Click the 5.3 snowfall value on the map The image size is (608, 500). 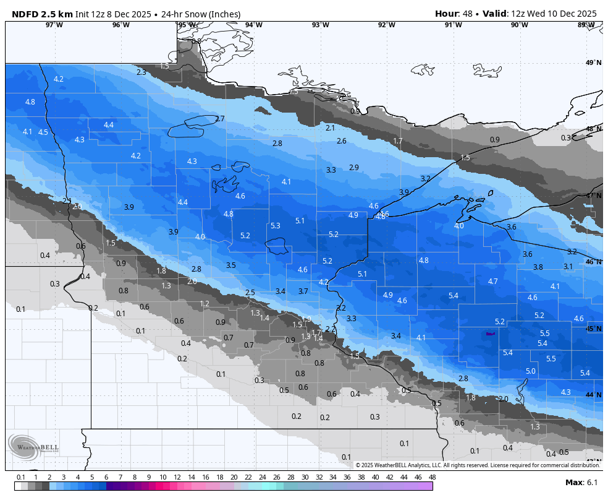click(x=276, y=226)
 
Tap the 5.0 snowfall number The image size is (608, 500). click(x=530, y=371)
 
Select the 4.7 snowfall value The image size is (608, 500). click(x=492, y=282)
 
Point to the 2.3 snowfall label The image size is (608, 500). click(x=141, y=72)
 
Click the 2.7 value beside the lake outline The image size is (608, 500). click(x=219, y=119)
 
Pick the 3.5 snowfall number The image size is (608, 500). click(x=230, y=265)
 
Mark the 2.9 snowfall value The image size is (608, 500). click(x=353, y=168)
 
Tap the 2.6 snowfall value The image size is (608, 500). click(x=341, y=141)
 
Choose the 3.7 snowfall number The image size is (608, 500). click(x=303, y=291)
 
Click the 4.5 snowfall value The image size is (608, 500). click(x=43, y=132)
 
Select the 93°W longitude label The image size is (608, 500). click(x=320, y=25)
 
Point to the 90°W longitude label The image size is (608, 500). click(x=519, y=25)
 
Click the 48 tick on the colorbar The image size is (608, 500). click(x=432, y=477)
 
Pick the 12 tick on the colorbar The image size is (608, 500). click(x=177, y=477)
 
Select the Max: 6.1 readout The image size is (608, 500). click(x=581, y=483)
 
